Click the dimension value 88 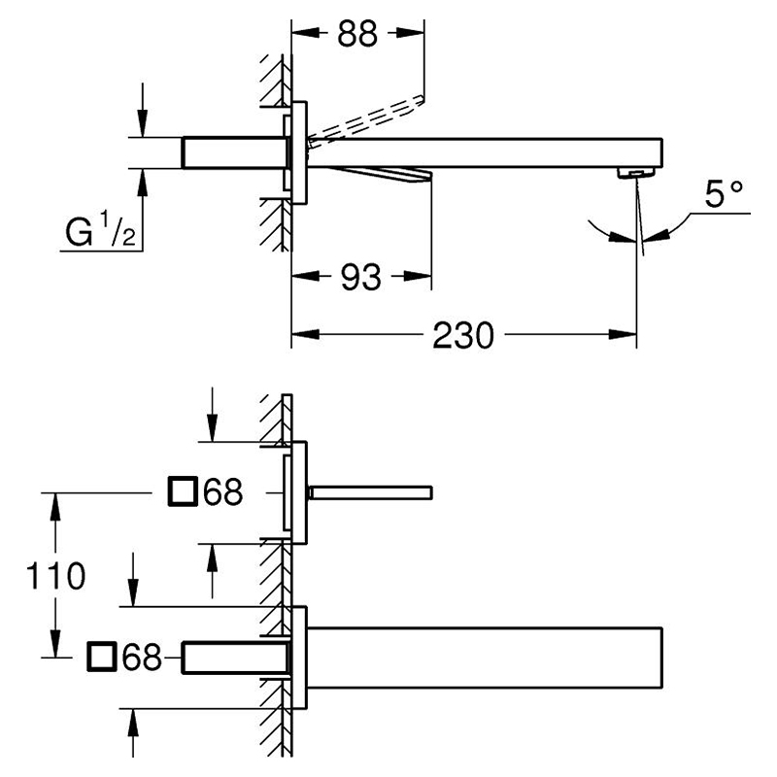tap(357, 34)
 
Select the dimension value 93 tap(360, 277)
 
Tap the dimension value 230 tap(463, 335)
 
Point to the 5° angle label tap(724, 193)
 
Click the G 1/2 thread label tap(101, 229)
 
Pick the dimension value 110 tap(55, 576)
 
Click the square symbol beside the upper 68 tap(184, 491)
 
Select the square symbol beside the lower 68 tap(102, 657)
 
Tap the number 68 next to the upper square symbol tap(223, 492)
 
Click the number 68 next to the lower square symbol tap(142, 658)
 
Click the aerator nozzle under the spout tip tap(636, 173)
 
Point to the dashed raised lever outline tap(367, 118)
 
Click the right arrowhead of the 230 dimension tap(623, 334)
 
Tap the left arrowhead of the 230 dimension tap(305, 334)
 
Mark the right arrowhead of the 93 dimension tap(418, 276)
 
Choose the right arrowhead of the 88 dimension tap(410, 33)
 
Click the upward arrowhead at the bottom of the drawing tap(133, 723)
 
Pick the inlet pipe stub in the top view tap(234, 152)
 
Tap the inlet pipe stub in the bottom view tap(235, 658)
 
